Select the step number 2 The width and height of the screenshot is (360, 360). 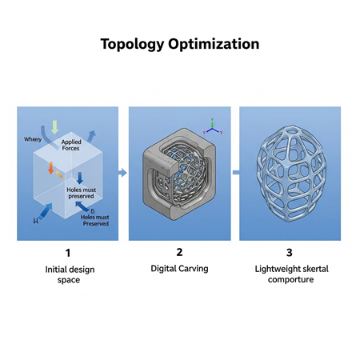[x=179, y=253]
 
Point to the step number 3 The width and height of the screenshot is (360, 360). [x=290, y=253]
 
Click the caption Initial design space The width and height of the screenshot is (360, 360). [x=69, y=274]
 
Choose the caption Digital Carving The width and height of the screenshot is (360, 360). [x=179, y=269]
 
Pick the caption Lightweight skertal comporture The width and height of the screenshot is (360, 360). [x=290, y=274]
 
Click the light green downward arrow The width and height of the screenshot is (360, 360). [x=54, y=126]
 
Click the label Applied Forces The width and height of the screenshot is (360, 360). [x=71, y=146]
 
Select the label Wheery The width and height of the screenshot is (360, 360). [x=33, y=139]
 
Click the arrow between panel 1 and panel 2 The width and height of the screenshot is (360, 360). [x=122, y=172]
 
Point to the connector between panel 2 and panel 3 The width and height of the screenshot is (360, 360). [x=235, y=172]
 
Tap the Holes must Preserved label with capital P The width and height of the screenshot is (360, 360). [x=95, y=218]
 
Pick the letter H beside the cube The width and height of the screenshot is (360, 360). [x=35, y=218]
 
